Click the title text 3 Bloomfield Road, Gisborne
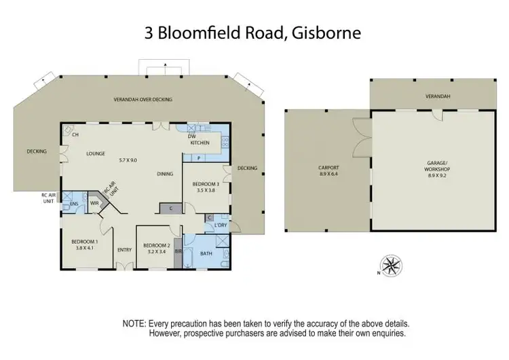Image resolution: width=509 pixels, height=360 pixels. coord(254,32)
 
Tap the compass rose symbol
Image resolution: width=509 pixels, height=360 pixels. coord(390,264)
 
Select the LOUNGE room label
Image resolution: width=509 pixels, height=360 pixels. coord(96,154)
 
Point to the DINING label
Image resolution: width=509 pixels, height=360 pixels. coord(165,174)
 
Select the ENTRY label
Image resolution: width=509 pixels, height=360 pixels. coord(124,249)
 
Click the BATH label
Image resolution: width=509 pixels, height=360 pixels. coord(206,254)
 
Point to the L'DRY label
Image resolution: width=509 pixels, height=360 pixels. coord(220,225)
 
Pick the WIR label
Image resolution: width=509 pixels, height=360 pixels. coord(94,202)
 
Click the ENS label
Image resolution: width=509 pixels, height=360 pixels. coord(73,203)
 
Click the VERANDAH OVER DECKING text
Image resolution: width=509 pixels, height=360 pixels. coord(143,99)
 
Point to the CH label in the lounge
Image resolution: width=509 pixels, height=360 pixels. coord(75,134)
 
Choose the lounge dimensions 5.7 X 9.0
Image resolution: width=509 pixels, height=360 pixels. coord(128,160)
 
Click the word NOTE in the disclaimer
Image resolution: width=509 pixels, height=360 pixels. coord(134,324)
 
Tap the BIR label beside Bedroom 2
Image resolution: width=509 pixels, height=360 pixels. coord(178,251)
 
